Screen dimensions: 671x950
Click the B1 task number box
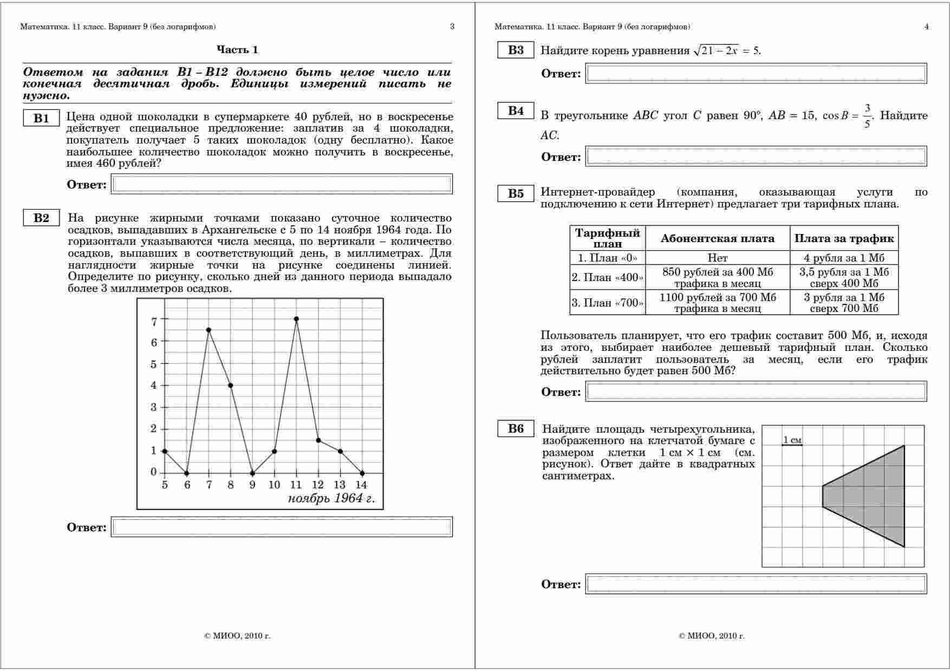(x=41, y=119)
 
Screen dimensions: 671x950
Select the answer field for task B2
(x=282, y=527)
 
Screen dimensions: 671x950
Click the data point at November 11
(x=296, y=319)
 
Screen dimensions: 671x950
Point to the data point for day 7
(x=209, y=330)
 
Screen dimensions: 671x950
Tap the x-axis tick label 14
(x=361, y=485)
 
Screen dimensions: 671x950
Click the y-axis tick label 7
(x=154, y=322)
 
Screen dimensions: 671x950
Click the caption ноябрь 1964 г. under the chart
(x=331, y=498)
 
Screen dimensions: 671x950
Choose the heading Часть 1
(x=237, y=50)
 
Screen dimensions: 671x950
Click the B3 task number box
(x=516, y=50)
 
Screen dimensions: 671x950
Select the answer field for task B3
(x=756, y=74)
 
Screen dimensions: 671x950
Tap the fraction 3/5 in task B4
(x=867, y=116)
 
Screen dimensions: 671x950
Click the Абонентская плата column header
(x=717, y=238)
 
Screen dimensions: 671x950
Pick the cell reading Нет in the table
(x=717, y=258)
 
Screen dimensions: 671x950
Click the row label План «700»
(x=607, y=303)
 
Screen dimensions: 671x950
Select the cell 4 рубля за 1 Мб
(x=844, y=258)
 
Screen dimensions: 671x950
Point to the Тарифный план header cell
(x=607, y=238)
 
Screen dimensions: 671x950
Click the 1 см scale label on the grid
(x=792, y=440)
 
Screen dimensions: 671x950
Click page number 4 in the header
(x=926, y=27)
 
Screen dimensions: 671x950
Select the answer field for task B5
(x=756, y=392)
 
